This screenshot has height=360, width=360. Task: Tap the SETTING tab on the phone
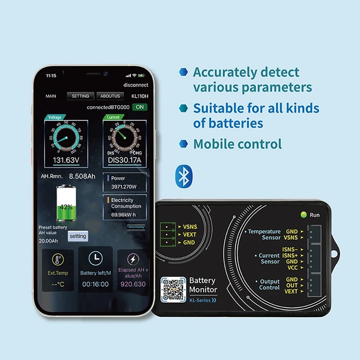(80, 96)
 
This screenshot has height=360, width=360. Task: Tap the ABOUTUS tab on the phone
(110, 96)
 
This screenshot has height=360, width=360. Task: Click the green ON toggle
(140, 107)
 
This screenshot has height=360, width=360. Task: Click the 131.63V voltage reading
(66, 160)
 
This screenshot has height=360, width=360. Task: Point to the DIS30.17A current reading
(125, 160)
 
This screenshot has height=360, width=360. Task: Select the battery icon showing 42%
(66, 203)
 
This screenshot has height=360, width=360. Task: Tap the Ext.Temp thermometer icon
(58, 259)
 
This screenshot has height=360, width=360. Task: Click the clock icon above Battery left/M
(95, 258)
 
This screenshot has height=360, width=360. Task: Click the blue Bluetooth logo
(184, 176)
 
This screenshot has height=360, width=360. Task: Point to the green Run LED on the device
(303, 215)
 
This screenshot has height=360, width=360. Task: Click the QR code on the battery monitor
(173, 289)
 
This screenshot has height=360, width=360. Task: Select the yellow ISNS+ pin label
(290, 255)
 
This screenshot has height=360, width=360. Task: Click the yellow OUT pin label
(292, 285)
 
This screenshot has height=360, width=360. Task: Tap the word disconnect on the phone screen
(136, 85)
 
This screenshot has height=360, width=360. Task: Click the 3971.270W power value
(124, 187)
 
